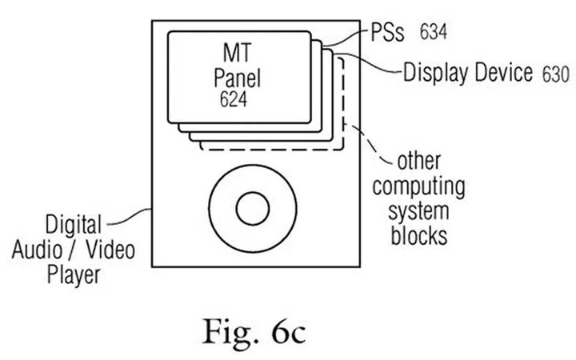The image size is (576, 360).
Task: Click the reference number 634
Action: pyautogui.click(x=432, y=33)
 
